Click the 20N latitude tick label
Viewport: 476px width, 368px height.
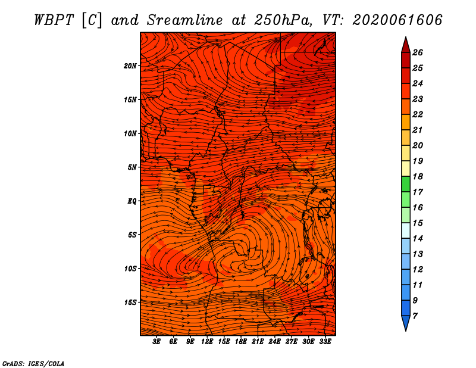pyautogui.click(x=130, y=66)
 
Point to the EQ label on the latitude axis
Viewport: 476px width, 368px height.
pyautogui.click(x=132, y=201)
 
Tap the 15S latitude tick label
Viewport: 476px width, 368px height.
pyautogui.click(x=131, y=302)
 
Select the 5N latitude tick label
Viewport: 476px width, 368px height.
pyautogui.click(x=132, y=167)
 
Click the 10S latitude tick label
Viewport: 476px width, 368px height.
pyautogui.click(x=131, y=269)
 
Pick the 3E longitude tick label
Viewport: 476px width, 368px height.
pyautogui.click(x=156, y=342)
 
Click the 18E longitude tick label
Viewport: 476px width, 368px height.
pyautogui.click(x=241, y=342)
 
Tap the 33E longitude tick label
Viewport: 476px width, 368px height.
pyautogui.click(x=325, y=342)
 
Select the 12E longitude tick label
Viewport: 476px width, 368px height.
pyautogui.click(x=207, y=342)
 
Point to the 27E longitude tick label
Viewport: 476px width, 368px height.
pyautogui.click(x=292, y=342)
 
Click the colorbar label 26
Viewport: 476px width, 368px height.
pyautogui.click(x=418, y=52)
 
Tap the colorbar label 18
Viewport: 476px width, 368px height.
pyautogui.click(x=418, y=176)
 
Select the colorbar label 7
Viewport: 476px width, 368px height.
pyautogui.click(x=415, y=316)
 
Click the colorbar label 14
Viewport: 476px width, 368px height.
pyautogui.click(x=418, y=239)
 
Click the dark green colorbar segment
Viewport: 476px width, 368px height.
pyautogui.click(x=406, y=184)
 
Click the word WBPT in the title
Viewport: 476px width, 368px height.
pyautogui.click(x=54, y=20)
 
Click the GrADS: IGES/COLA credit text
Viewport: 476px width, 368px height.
pyautogui.click(x=33, y=364)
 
